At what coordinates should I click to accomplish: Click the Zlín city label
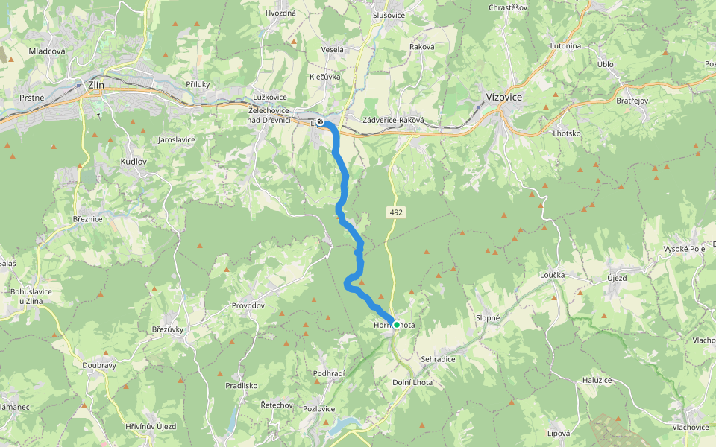tap(96, 85)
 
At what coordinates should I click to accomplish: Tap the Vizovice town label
tap(503, 98)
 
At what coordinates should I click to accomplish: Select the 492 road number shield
tap(396, 212)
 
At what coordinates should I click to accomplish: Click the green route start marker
tap(397, 325)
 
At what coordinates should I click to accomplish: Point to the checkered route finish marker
tap(320, 121)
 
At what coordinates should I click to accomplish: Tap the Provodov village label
tap(248, 306)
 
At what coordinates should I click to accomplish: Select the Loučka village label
tap(554, 275)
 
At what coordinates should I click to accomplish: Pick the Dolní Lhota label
tap(412, 382)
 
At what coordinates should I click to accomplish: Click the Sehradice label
tap(438, 358)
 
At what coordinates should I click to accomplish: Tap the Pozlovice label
tap(319, 409)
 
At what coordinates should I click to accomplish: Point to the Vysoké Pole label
tap(684, 248)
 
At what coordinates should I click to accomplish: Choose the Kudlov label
tap(134, 161)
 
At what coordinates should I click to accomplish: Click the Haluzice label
tap(597, 380)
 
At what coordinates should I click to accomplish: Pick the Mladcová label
tap(47, 51)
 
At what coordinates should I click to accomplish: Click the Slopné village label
tap(488, 317)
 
